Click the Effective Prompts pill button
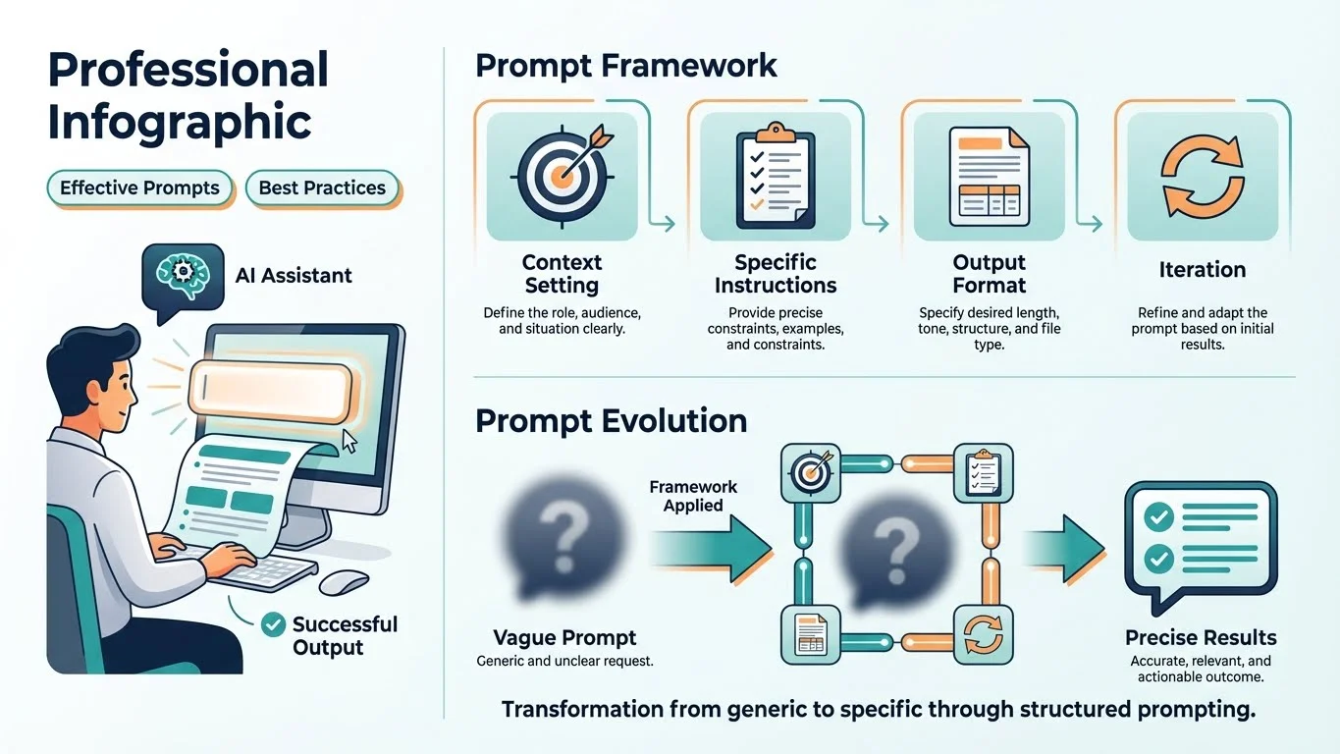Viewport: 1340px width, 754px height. point(139,188)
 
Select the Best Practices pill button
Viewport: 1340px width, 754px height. point(322,188)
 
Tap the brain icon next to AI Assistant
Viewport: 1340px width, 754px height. point(182,274)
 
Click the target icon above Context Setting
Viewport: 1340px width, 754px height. point(562,175)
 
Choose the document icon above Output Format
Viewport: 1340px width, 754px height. point(989,177)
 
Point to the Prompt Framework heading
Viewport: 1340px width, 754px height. point(625,66)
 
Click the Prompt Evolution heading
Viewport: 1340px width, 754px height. point(611,420)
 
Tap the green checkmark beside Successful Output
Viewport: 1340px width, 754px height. point(274,624)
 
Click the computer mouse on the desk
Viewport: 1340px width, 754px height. point(344,581)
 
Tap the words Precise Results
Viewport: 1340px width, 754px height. point(1201,637)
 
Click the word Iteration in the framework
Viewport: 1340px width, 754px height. point(1202,269)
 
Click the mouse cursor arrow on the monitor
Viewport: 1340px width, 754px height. point(348,441)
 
